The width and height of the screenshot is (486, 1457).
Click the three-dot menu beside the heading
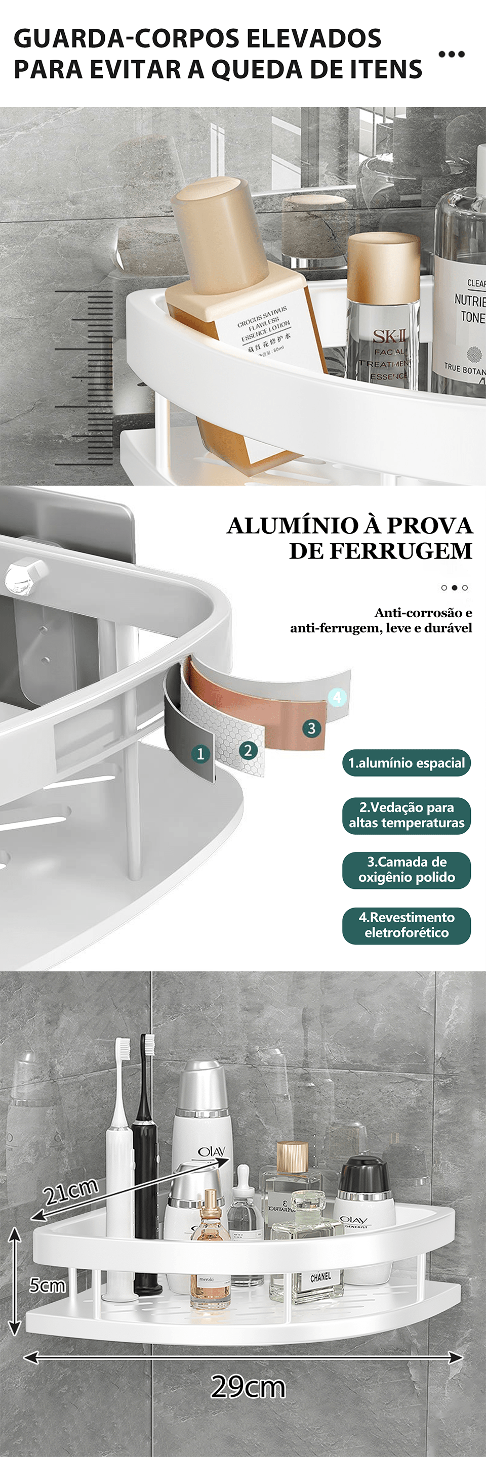click(452, 54)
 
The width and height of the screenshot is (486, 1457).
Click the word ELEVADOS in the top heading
click(313, 38)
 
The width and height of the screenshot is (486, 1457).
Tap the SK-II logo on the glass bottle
click(390, 337)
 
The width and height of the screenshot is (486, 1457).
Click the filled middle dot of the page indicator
click(454, 588)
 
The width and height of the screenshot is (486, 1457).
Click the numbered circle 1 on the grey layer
click(200, 753)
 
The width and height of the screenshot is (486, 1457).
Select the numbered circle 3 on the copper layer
click(311, 727)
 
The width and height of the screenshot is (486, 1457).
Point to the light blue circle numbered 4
click(337, 696)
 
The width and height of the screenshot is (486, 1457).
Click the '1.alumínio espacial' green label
click(406, 762)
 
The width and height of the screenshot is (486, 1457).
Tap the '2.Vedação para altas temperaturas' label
click(406, 815)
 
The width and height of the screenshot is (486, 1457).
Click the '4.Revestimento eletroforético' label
click(406, 925)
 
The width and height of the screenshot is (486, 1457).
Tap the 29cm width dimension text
click(248, 1386)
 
